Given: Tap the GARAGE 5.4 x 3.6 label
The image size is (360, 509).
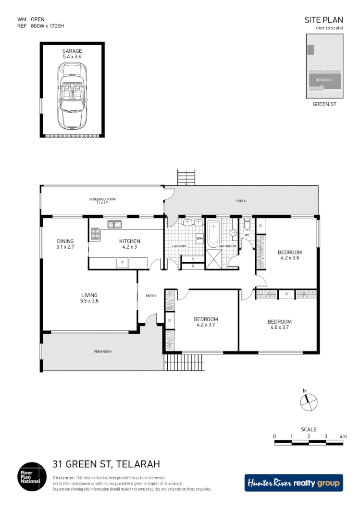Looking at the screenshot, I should [x=72, y=54].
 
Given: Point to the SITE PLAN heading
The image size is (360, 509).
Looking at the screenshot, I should [x=324, y=20].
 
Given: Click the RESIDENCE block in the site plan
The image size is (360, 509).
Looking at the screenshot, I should [x=324, y=80].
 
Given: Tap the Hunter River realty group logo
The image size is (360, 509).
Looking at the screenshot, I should [x=294, y=483].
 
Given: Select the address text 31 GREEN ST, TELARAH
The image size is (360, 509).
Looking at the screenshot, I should [x=106, y=464].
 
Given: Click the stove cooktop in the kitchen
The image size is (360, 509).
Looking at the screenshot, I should [x=95, y=234].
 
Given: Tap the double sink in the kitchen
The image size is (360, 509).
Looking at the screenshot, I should [x=114, y=224].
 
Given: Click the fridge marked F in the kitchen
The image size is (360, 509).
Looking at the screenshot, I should [x=123, y=263].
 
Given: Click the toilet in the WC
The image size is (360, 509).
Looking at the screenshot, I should [x=247, y=225].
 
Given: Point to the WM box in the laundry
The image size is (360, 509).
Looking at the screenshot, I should [x=199, y=238].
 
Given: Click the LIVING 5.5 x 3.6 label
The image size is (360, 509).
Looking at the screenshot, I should [x=89, y=298].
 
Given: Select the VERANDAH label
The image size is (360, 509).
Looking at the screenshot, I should [x=102, y=351].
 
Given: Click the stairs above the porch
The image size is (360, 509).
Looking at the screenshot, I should [x=186, y=177].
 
